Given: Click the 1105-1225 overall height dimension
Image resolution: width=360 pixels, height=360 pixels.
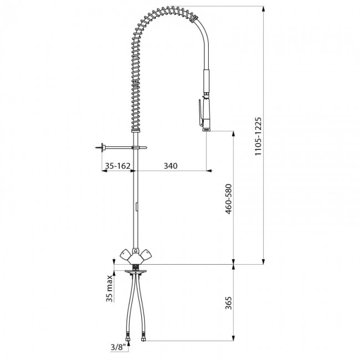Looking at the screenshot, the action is point(258,136).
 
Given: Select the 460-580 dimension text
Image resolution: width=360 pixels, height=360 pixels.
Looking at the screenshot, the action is point(229,199).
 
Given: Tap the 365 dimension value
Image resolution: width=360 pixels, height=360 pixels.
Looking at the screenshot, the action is point(229,303).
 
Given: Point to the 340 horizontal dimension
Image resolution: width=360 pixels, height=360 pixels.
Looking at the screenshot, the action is point(171,166).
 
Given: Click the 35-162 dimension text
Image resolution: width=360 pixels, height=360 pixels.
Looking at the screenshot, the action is point(117,166).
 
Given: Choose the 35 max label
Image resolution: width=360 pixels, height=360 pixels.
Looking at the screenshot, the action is point(110,288).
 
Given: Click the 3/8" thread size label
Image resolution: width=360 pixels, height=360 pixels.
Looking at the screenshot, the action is point(119,347).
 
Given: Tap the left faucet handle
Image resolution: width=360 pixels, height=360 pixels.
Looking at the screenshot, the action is point(126,255).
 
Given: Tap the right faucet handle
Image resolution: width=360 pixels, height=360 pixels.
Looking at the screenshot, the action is point(146,255).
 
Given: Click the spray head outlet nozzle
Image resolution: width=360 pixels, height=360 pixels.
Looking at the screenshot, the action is point(206,130).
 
